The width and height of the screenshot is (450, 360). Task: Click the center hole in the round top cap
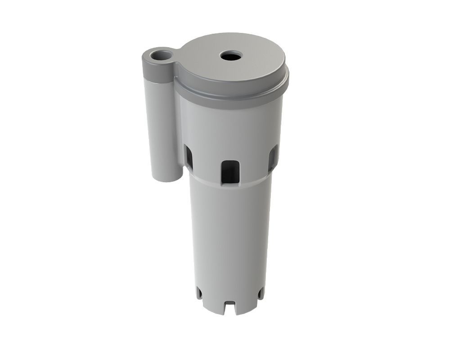(x=231, y=56)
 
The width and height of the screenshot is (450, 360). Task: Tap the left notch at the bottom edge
(x=199, y=293)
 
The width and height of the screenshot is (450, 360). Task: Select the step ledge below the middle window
(x=230, y=185)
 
